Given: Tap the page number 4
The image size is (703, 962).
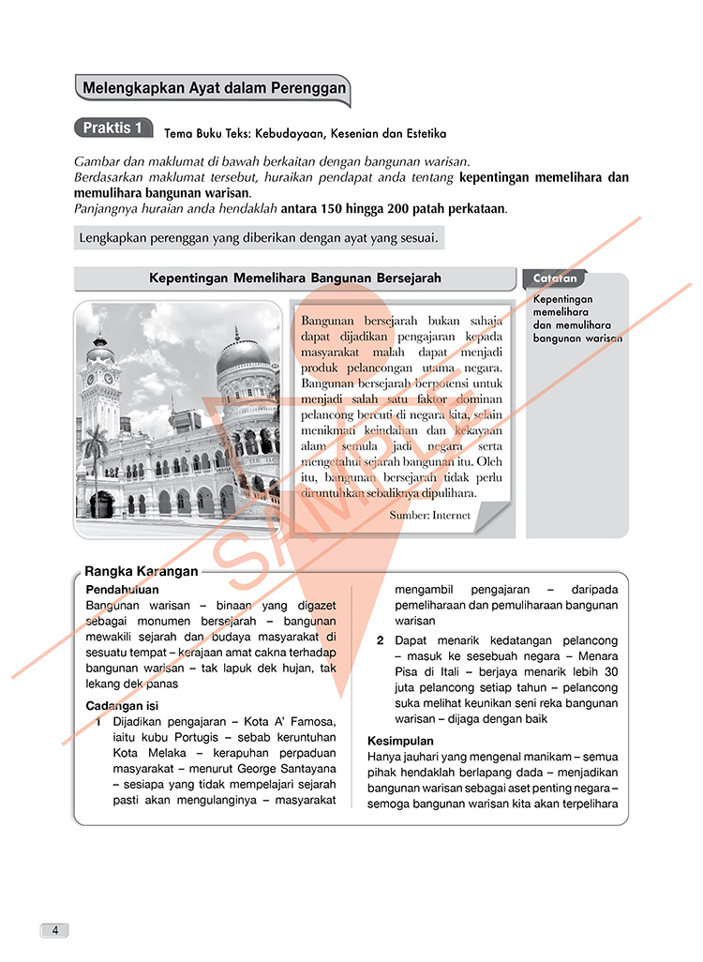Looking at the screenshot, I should [x=55, y=930].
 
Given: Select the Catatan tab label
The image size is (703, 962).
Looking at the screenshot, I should [x=555, y=278].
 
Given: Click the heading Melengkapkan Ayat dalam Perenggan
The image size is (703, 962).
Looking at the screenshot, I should [x=215, y=90].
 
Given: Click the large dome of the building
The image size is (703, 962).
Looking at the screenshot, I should [x=242, y=355].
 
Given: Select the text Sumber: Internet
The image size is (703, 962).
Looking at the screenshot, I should [x=430, y=515].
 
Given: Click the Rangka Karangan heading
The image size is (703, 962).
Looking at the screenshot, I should [x=142, y=571].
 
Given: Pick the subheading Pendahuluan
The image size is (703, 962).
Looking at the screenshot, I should [x=122, y=590].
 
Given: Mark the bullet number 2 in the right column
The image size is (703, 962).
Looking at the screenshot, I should [x=380, y=640].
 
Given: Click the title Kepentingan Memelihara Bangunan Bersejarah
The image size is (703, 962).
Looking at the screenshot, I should [x=295, y=278].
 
